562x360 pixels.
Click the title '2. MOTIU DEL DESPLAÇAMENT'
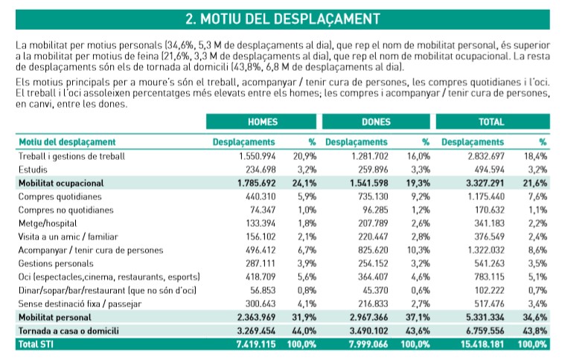point(281,16)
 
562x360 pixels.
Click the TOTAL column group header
point(491,122)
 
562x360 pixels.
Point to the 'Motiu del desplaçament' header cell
point(66,142)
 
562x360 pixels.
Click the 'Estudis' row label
point(33,170)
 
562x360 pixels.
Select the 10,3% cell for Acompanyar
point(418,250)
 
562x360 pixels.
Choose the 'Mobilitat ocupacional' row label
point(61,183)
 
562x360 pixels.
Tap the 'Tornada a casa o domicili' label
point(68,330)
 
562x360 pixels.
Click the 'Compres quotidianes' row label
point(59,196)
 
